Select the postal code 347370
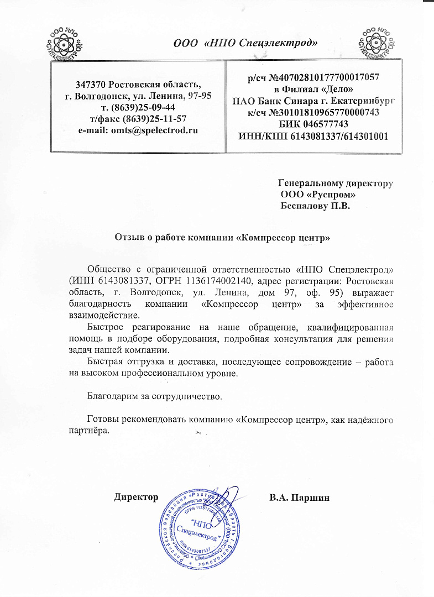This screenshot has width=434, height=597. point(91,85)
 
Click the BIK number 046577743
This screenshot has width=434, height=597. point(328,123)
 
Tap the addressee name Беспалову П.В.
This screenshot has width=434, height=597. point(316,206)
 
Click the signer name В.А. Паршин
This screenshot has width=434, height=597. point(299,497)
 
